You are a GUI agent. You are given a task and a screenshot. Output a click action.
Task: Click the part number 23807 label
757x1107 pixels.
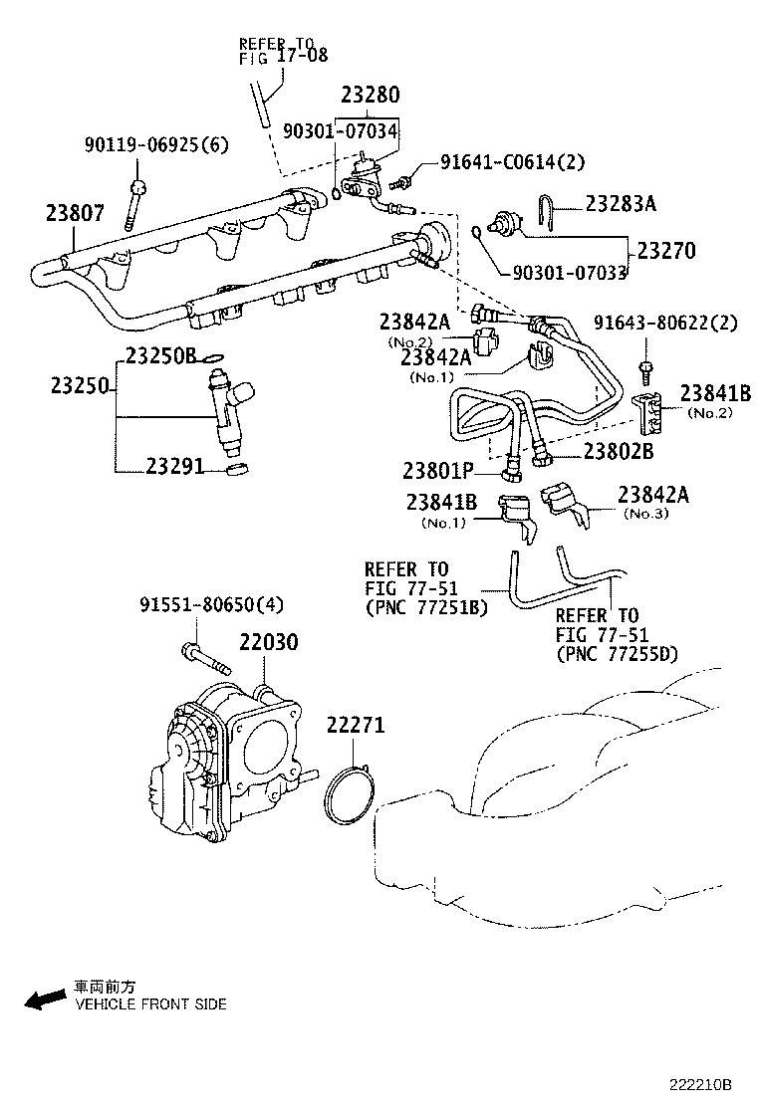click(x=74, y=212)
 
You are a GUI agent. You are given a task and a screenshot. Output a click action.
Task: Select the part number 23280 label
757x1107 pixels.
click(x=370, y=95)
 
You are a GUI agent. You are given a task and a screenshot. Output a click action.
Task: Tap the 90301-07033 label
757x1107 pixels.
click(x=571, y=271)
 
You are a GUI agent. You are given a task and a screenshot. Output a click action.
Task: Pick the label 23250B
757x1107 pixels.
click(x=161, y=355)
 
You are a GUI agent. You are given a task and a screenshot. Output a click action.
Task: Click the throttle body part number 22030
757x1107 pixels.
click(x=266, y=643)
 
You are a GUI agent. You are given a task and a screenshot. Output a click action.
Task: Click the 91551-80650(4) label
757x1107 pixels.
click(x=211, y=604)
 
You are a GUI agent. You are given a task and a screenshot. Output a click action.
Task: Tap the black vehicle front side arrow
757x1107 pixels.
click(x=46, y=999)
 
